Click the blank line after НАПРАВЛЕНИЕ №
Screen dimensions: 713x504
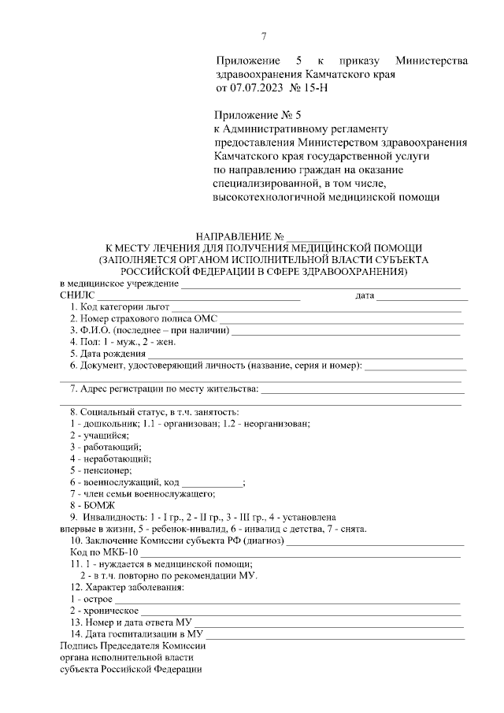(x=309, y=236)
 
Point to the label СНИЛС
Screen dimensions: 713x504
(x=77, y=295)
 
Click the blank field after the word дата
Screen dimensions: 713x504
(x=421, y=295)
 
